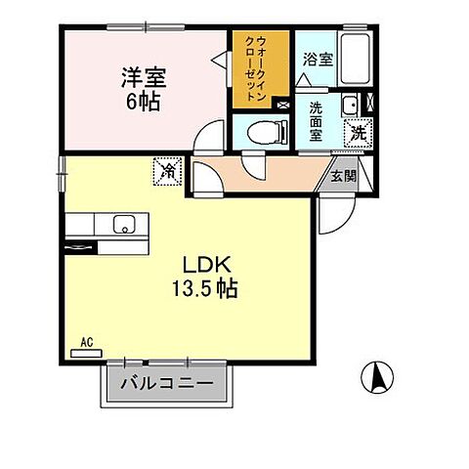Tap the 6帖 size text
click(x=143, y=101)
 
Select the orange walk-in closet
click(x=259, y=70)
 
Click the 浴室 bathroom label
click(x=318, y=60)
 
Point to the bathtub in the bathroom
click(x=355, y=59)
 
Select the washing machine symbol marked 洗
click(x=359, y=132)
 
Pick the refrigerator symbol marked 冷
click(x=167, y=172)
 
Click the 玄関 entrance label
click(x=343, y=176)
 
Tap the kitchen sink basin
click(x=123, y=225)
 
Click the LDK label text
click(x=205, y=265)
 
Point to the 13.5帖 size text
click(x=205, y=289)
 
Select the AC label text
click(x=86, y=343)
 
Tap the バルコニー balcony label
click(x=166, y=383)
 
